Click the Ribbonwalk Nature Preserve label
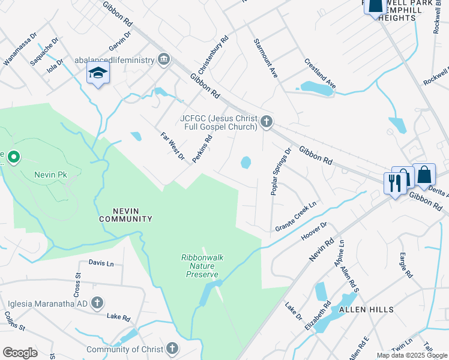pos(202,264)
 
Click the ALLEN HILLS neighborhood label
pos(366,310)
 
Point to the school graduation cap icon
pos(98,73)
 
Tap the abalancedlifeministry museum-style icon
pos(163,59)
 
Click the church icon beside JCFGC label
pos(267,122)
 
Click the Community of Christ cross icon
pos(172,349)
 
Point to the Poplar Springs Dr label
pos(280,171)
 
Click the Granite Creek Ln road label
pos(296,217)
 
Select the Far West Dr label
pos(172,146)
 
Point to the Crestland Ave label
pos(319,74)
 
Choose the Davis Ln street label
pos(101,263)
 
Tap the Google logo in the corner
pos(20,353)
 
